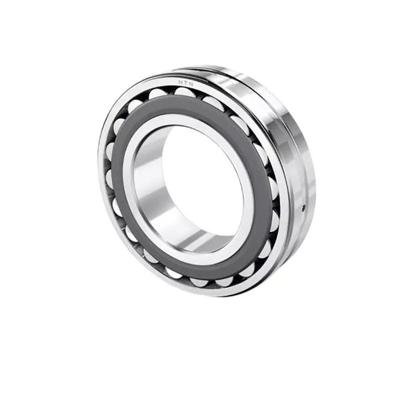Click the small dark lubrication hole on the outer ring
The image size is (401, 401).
click(303, 207)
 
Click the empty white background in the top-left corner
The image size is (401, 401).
click(30, 30)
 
